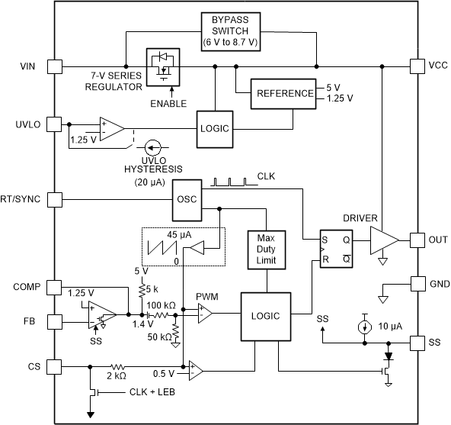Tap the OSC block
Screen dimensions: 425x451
click(x=186, y=198)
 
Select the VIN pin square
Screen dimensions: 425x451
click(x=54, y=66)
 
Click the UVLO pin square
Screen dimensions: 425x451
click(x=54, y=124)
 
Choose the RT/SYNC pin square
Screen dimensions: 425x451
click(x=54, y=199)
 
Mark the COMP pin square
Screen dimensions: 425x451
click(x=54, y=287)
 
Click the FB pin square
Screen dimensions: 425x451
click(x=54, y=320)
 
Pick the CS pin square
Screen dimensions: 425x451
click(x=54, y=367)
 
